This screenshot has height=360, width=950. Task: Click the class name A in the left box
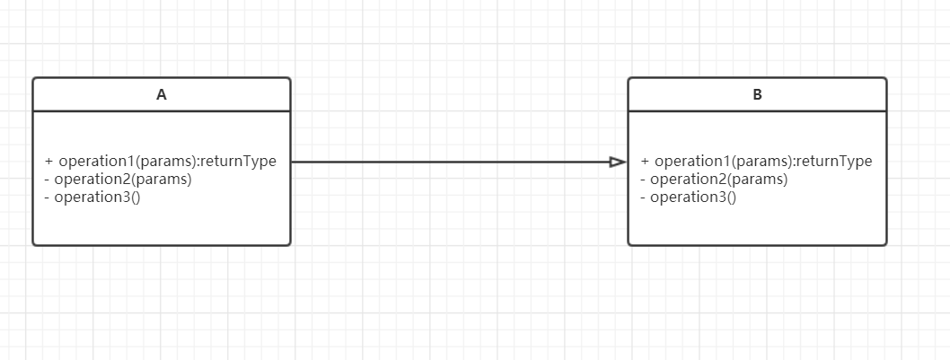(x=162, y=94)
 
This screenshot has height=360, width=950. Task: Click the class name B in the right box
(x=757, y=94)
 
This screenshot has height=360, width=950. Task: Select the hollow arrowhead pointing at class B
(x=617, y=162)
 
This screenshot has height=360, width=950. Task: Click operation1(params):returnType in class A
(x=167, y=162)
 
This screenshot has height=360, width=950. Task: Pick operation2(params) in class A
(x=123, y=179)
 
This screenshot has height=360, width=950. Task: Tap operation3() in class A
(x=97, y=197)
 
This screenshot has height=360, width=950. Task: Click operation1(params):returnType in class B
(x=763, y=162)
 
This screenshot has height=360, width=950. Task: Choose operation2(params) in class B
(x=718, y=179)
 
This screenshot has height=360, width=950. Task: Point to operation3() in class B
(x=693, y=197)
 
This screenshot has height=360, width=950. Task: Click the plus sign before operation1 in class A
(x=48, y=162)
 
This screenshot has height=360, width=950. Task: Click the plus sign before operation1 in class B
(x=645, y=162)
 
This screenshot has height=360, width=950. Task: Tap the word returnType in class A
(x=238, y=162)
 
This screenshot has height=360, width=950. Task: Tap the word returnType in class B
(x=834, y=162)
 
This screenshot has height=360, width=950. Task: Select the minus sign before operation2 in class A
(x=47, y=180)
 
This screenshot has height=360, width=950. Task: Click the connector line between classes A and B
(x=449, y=162)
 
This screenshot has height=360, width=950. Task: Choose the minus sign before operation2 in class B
(x=643, y=180)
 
